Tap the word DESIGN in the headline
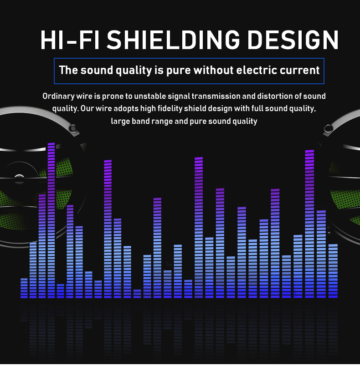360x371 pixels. coord(293,40)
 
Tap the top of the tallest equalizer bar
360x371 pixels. coord(51,143)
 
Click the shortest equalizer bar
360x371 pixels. coord(137,294)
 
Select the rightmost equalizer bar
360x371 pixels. coord(333,271)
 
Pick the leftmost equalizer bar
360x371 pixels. coord(24,288)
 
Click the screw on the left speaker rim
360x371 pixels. coord(73,128)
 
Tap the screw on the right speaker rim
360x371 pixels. coord(328,128)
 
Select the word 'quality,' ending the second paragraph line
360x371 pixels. coord(303,109)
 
